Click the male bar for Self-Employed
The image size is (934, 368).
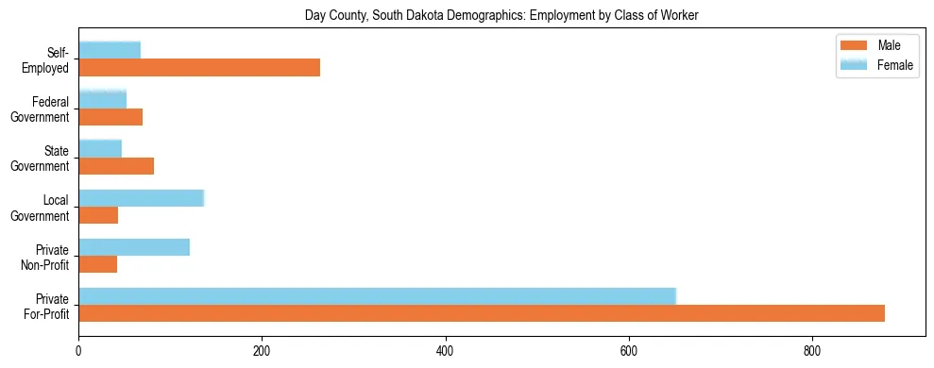point(199,67)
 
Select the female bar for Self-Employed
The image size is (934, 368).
point(110,50)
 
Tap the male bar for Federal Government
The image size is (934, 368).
point(110,117)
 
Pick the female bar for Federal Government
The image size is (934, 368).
point(102,99)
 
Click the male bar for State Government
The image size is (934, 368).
point(116,166)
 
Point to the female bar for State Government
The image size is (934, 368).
point(100,148)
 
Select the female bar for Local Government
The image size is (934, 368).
point(141,198)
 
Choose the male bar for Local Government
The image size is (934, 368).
point(98,215)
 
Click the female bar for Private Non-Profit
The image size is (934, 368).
point(134,247)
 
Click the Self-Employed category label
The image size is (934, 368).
point(50,59)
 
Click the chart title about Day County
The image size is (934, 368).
point(501,16)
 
